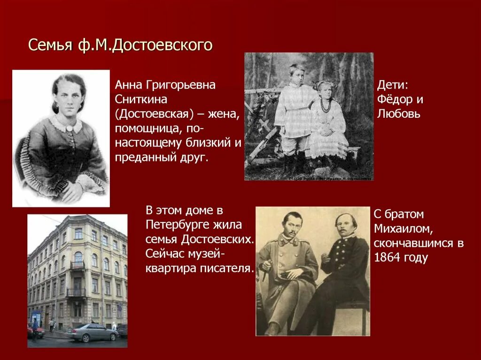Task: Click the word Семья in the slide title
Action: click(48, 45)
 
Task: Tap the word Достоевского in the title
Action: click(162, 46)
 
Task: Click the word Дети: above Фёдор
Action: click(393, 85)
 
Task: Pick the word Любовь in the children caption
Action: click(398, 114)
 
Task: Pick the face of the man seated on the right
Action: click(346, 228)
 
